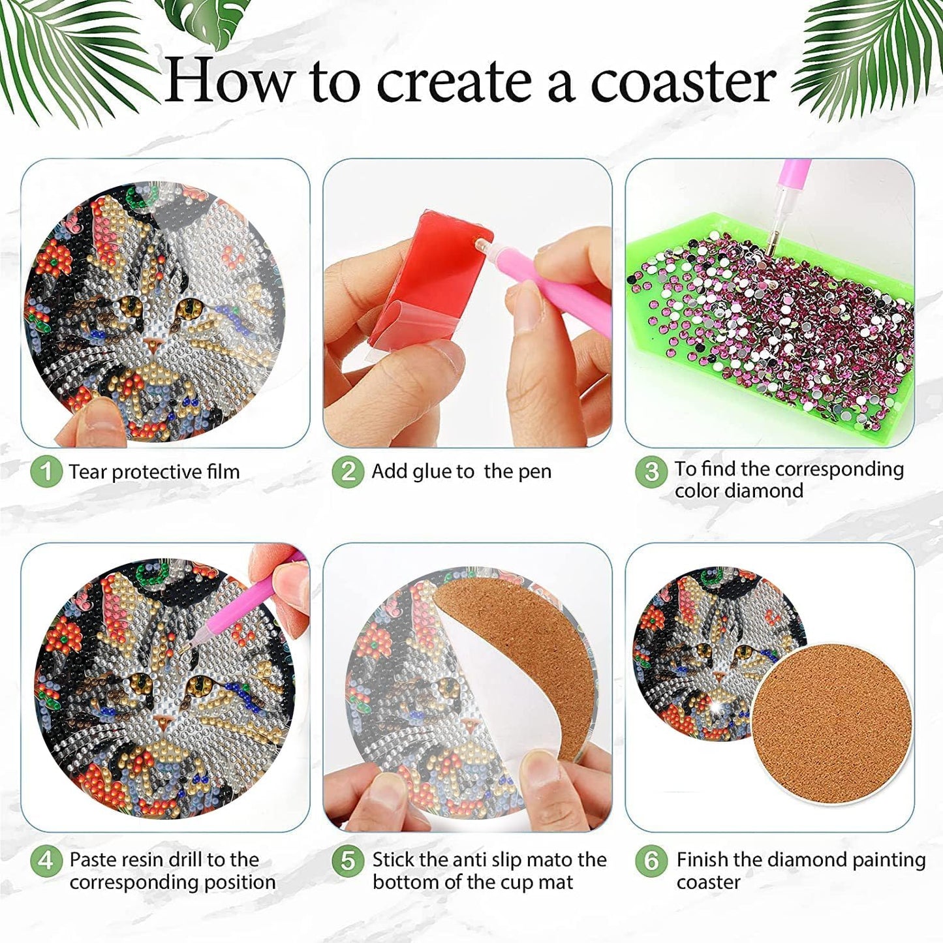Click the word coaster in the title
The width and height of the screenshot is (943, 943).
(x=683, y=82)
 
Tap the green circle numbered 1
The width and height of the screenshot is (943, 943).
(x=46, y=471)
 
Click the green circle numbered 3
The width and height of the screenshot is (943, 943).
(x=651, y=471)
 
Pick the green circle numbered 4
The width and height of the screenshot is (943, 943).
(x=46, y=861)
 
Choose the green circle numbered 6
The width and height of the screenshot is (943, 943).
(x=651, y=861)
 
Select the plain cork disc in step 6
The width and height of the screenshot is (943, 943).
(x=831, y=718)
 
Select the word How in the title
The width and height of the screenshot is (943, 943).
(x=228, y=82)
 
